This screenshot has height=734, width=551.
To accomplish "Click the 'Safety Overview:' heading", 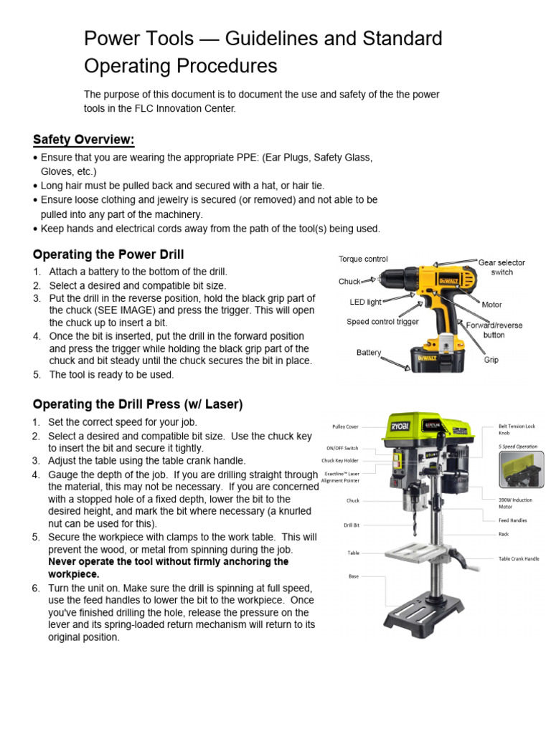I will [x=83, y=139].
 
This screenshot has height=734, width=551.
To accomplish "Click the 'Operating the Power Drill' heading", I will [x=108, y=254].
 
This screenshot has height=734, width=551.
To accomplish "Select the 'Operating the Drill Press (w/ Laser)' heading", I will [x=138, y=404].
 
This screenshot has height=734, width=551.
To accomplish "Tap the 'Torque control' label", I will [x=363, y=259].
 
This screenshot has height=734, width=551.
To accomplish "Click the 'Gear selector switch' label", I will [x=501, y=267].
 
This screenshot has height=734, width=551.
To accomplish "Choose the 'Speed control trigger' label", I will [x=382, y=322].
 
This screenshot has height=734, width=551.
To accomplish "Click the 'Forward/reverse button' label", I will [x=494, y=330].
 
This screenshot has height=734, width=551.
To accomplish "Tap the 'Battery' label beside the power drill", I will [x=369, y=353].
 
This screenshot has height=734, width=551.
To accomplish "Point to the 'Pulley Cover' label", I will [x=345, y=426].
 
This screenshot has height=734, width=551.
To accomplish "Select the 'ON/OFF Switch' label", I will [x=341, y=448].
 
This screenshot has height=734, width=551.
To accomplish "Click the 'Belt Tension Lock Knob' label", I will [x=517, y=429].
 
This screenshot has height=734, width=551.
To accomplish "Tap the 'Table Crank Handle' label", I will [x=519, y=558].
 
